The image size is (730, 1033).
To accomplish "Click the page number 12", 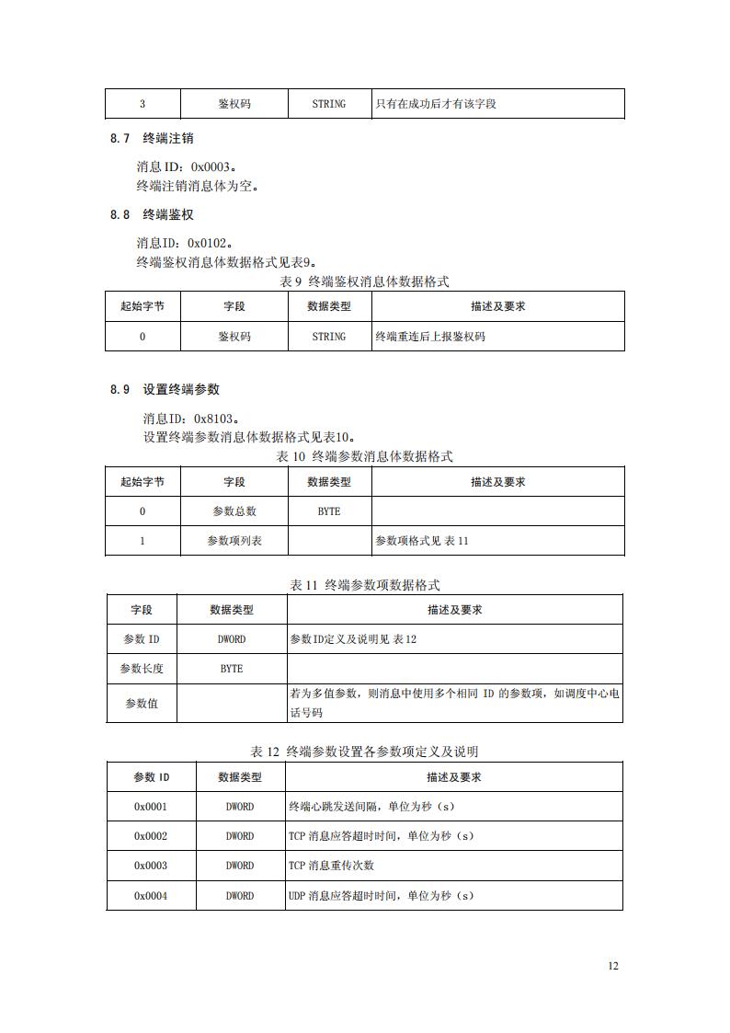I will pyautogui.click(x=613, y=966).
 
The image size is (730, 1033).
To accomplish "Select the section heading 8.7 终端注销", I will pyautogui.click(x=152, y=139).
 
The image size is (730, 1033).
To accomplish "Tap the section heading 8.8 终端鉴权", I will pyautogui.click(x=152, y=214).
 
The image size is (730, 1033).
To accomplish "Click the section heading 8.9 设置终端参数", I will pyautogui.click(x=165, y=389).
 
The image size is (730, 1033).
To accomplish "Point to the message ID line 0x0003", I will pyautogui.click(x=186, y=167).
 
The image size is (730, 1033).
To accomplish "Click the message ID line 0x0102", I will pyautogui.click(x=184, y=244).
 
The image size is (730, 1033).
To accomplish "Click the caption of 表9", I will pyautogui.click(x=364, y=281).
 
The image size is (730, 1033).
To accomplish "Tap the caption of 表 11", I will pyautogui.click(x=365, y=585).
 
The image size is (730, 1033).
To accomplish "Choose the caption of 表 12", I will pyautogui.click(x=364, y=752).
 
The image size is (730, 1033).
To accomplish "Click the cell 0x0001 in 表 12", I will pyautogui.click(x=151, y=807).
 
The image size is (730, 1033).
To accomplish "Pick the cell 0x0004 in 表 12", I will pyautogui.click(x=151, y=895).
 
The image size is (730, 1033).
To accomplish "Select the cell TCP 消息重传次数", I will pyautogui.click(x=331, y=866).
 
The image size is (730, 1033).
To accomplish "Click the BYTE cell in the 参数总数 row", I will pyautogui.click(x=328, y=511).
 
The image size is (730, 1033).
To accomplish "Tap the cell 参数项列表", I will pyautogui.click(x=234, y=541).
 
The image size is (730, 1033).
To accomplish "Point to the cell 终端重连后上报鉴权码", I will pyautogui.click(x=429, y=337).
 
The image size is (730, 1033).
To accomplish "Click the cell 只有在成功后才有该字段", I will pyautogui.click(x=435, y=104).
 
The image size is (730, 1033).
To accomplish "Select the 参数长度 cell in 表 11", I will pyautogui.click(x=142, y=669).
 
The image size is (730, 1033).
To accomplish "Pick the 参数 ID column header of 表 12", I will pyautogui.click(x=151, y=777).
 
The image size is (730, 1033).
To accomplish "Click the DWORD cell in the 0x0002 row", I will pyautogui.click(x=240, y=836).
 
